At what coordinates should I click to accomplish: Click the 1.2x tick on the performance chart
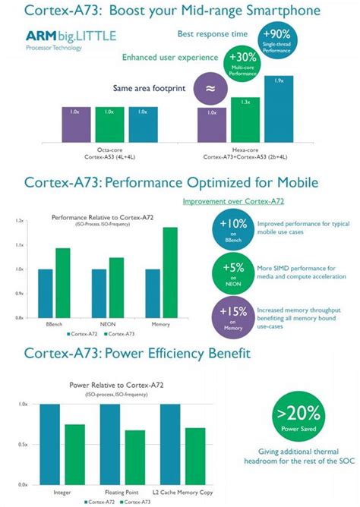tap(20, 221)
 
